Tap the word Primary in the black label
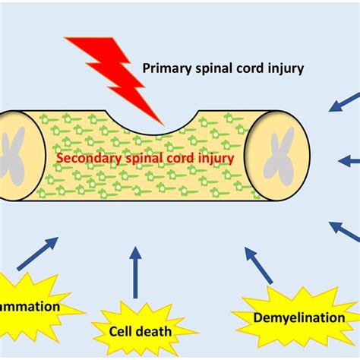[166, 69]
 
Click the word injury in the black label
[284, 69]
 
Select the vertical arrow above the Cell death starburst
[135, 272]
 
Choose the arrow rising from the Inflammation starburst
[37, 254]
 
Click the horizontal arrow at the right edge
[349, 160]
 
